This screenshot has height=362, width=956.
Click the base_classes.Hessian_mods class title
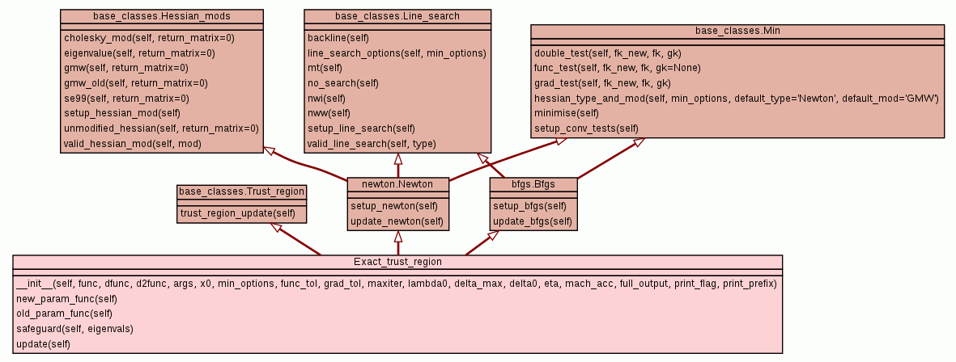tap(162, 16)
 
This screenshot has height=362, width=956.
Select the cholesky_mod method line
tap(138, 37)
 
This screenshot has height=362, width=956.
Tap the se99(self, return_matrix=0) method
tap(126, 99)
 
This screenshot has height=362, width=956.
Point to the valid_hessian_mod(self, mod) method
tap(133, 144)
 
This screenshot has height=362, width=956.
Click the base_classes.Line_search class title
tap(397, 16)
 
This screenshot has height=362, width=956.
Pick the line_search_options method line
tap(397, 53)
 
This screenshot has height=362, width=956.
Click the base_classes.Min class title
tap(737, 31)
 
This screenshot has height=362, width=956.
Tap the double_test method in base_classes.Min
tap(607, 53)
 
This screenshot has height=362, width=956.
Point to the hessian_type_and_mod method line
tap(736, 99)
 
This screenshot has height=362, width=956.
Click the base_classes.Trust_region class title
tap(242, 192)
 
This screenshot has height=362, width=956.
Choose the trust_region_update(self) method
tap(237, 213)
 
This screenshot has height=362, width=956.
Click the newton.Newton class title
tap(397, 183)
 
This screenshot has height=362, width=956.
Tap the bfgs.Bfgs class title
tap(533, 183)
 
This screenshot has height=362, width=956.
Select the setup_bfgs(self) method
tap(529, 206)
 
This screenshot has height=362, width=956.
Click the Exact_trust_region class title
tap(397, 262)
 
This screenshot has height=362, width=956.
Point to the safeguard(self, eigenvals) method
tap(74, 329)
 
